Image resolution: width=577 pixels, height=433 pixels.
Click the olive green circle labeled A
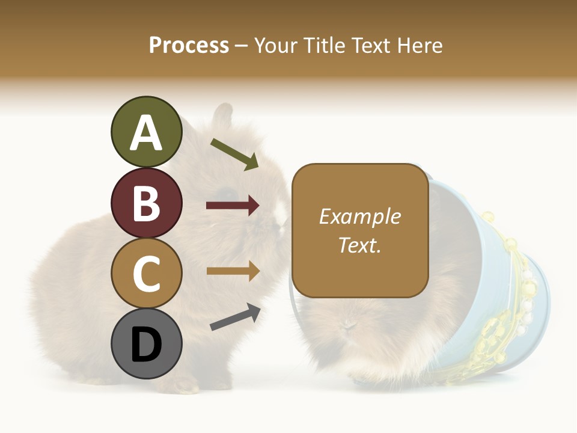146,132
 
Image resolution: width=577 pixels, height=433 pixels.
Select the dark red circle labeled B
146,203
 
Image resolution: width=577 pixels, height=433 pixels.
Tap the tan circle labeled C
146,273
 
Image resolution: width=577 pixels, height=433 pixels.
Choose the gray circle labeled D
146,343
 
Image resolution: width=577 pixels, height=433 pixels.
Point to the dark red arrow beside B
233,206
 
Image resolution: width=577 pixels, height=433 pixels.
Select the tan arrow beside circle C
233,271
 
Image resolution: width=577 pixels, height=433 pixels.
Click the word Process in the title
189,45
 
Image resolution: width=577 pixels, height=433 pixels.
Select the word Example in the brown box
360,216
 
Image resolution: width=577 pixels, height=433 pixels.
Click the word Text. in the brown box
360,245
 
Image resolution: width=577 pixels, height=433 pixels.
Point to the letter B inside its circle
146,203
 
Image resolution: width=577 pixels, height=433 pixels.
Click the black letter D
146,345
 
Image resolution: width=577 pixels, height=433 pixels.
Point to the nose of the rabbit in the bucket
347,325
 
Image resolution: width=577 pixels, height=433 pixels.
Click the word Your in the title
276,45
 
